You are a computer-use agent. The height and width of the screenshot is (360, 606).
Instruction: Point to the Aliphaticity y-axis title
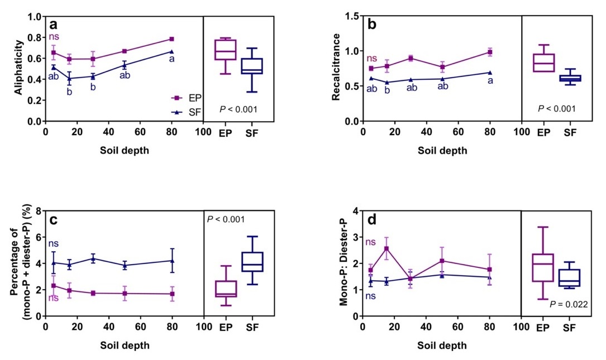(20, 69)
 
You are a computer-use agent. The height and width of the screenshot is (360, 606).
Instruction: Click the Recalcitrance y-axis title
(337, 69)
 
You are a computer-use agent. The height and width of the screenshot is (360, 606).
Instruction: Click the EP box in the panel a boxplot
(226, 49)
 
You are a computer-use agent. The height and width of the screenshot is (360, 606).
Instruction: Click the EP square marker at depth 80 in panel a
(171, 39)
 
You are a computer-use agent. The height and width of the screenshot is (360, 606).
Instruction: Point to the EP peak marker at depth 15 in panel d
(386, 249)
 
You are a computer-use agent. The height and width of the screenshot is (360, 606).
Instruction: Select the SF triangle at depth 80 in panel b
(490, 73)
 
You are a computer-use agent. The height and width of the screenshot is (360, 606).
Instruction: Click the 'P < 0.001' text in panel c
(226, 219)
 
